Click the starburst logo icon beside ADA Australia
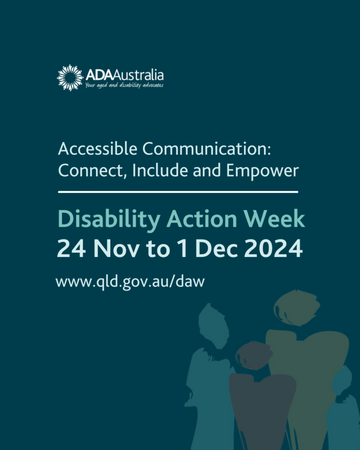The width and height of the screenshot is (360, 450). [70, 78]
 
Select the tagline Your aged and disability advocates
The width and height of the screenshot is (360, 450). [124, 85]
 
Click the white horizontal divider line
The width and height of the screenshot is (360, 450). [178, 192]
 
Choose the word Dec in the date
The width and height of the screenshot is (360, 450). [217, 249]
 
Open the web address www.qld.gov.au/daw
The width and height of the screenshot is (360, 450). [130, 281]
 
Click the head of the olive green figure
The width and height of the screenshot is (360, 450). [297, 308]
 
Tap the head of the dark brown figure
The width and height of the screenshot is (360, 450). [254, 355]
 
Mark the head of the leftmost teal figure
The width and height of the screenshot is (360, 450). [213, 325]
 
